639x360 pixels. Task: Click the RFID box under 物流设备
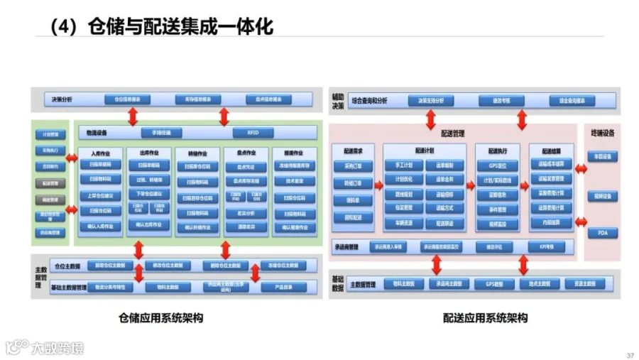click(x=253, y=133)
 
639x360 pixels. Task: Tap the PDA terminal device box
click(x=602, y=233)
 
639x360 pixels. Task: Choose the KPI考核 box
click(x=545, y=247)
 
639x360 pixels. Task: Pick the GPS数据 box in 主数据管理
click(x=498, y=283)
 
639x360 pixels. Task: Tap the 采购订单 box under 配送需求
click(x=353, y=165)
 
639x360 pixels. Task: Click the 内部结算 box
click(x=550, y=222)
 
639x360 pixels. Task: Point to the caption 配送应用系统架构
click(x=486, y=318)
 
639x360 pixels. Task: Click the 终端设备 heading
click(x=602, y=133)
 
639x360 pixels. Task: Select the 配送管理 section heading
click(x=452, y=133)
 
